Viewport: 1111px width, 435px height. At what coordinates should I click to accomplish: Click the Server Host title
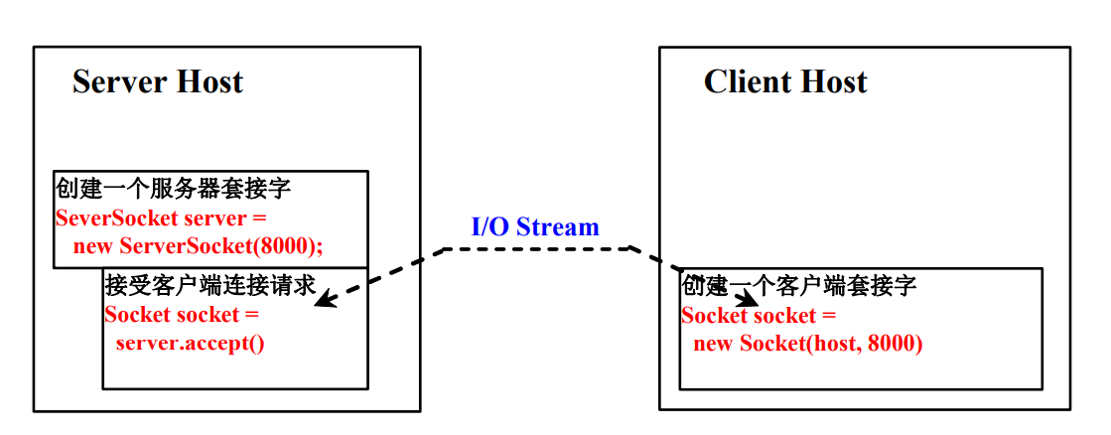157,81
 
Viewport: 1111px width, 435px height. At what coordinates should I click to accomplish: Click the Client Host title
784,81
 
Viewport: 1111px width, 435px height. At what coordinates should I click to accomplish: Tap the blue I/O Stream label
534,227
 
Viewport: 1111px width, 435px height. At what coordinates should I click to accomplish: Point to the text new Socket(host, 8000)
807,344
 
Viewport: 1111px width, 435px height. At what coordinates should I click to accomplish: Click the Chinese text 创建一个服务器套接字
173,189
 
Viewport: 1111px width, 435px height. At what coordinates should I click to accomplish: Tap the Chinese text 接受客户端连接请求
209,286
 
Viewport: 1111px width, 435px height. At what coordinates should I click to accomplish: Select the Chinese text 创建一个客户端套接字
798,286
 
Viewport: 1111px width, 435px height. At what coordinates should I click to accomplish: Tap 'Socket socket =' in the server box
181,315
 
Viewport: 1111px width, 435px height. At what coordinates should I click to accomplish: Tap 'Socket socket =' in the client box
758,316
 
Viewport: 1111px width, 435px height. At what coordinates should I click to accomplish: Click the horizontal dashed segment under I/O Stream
536,248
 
